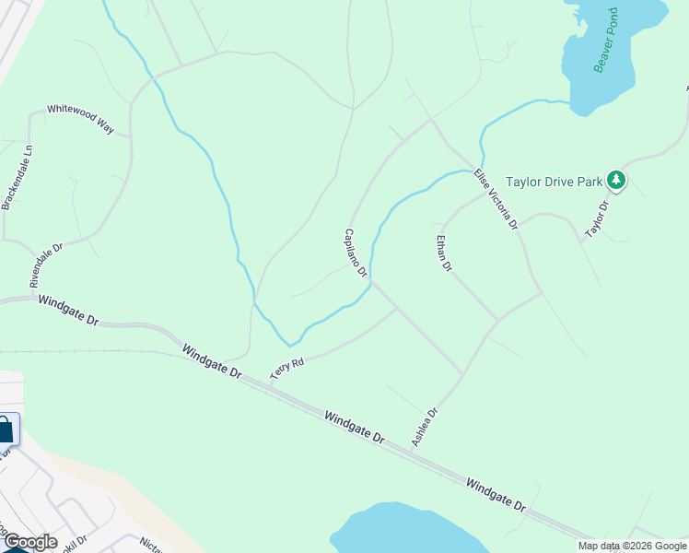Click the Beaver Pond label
[611, 41]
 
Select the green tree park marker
[616, 182]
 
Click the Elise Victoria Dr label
[496, 199]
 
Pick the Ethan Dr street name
[445, 253]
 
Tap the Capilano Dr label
[356, 253]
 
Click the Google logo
[29, 542]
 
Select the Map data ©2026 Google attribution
[633, 546]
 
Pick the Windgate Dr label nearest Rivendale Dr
[66, 310]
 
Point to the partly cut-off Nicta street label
[149, 545]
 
